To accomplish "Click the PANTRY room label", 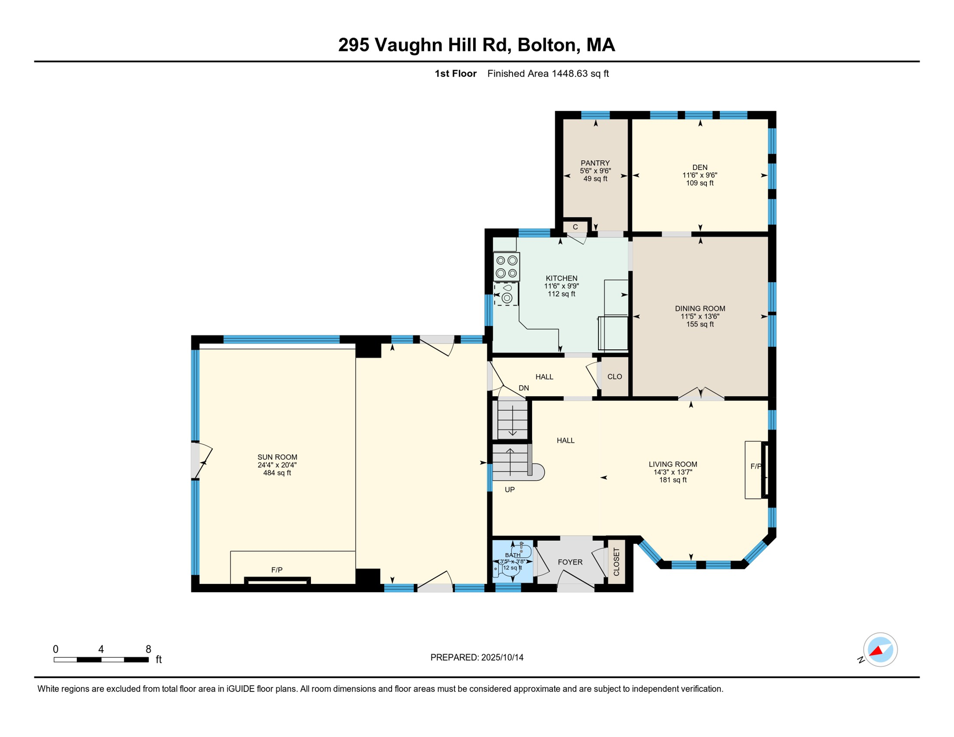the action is click(x=595, y=163).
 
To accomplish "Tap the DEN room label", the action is click(x=700, y=167).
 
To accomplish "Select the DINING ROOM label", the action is click(x=700, y=309).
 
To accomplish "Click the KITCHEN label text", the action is click(x=561, y=278).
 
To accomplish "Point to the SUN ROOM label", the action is click(x=277, y=457).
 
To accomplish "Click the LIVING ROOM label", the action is click(x=673, y=464).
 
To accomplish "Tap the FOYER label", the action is click(x=570, y=562).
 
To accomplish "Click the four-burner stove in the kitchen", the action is click(x=507, y=267).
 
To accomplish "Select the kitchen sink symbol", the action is click(x=506, y=294).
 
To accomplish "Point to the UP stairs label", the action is click(x=510, y=490).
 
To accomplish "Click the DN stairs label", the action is click(x=524, y=388).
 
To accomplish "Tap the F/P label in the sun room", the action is click(x=277, y=570).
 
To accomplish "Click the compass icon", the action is click(x=880, y=650).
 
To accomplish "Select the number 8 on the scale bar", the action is click(x=148, y=649).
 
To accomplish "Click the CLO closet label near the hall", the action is click(x=615, y=377).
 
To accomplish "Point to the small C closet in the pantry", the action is click(x=575, y=227).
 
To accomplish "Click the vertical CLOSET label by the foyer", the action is click(x=617, y=562).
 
